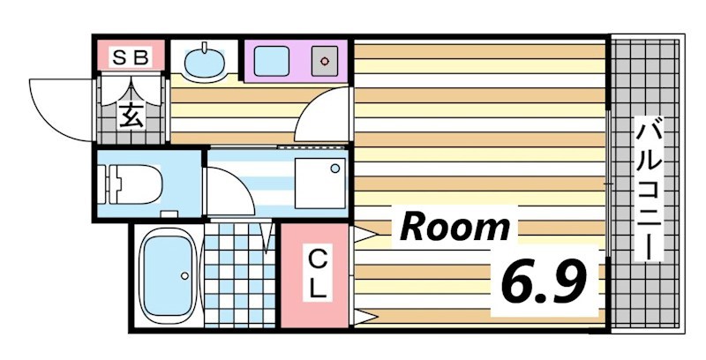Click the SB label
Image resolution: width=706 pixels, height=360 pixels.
point(131,57)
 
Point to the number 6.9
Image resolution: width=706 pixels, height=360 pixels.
point(544,281)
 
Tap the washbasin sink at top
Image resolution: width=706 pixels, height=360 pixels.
point(206,63)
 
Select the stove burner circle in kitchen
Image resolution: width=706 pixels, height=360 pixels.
point(325,62)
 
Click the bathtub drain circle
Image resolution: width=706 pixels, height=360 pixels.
point(184,275)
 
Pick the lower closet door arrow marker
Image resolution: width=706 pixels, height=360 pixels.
point(366,316)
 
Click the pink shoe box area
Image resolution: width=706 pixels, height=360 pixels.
point(131,57)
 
